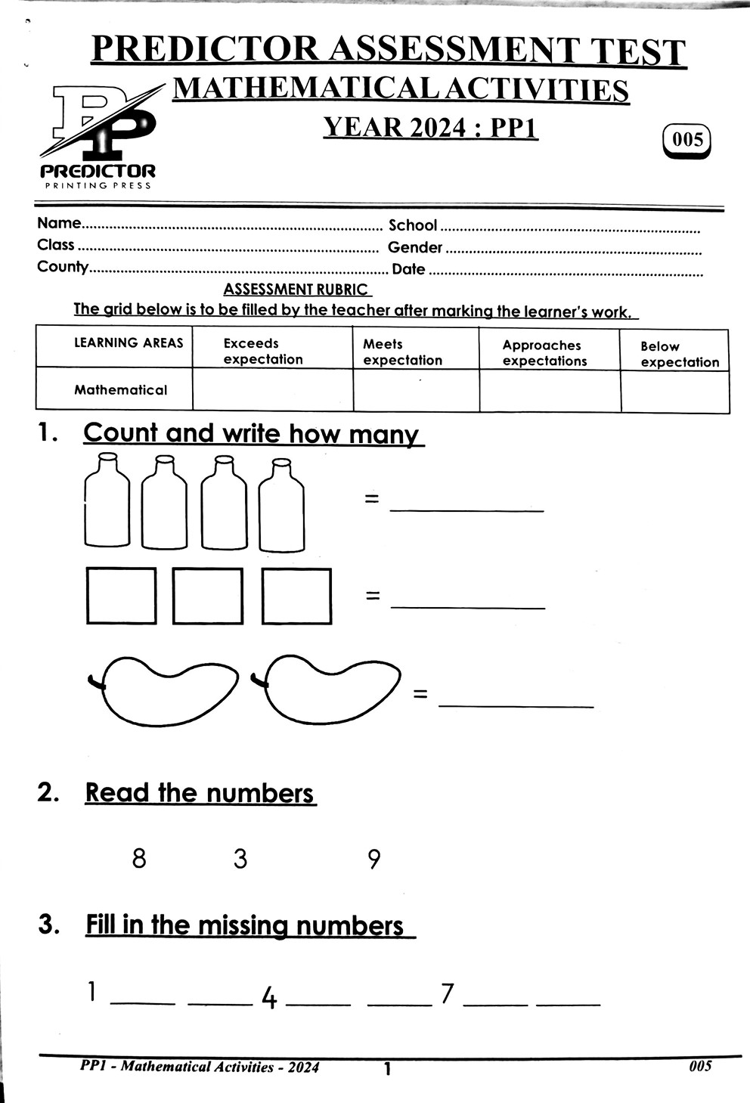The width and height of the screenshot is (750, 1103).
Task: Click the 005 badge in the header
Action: point(686,140)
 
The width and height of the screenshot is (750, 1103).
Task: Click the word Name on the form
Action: point(58,223)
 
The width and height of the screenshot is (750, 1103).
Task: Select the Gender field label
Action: point(414,247)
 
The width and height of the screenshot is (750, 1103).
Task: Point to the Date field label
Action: point(408,269)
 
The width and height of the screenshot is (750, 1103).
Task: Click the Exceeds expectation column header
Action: point(262,352)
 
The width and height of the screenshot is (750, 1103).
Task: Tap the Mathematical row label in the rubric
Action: point(120,390)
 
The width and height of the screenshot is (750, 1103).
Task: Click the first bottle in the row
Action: point(107,500)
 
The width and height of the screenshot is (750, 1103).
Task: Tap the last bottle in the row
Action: point(281,505)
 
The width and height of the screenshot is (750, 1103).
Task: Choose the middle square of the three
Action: point(208,596)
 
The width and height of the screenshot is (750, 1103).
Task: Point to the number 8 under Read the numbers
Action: point(139,859)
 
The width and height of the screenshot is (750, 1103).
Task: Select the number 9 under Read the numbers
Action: point(373,860)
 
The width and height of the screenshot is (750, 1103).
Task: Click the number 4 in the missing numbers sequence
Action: point(268,999)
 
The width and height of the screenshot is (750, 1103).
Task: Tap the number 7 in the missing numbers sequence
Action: point(448,993)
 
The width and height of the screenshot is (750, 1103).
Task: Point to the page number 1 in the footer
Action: point(387,1069)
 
